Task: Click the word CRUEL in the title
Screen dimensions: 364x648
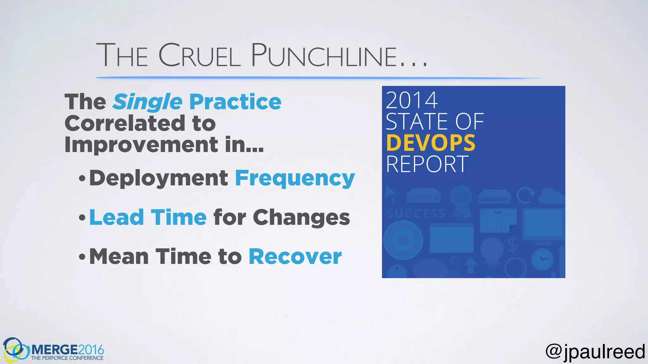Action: coord(199,56)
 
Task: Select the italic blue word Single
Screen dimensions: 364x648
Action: coord(148,102)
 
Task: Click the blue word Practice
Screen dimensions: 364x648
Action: coord(235,102)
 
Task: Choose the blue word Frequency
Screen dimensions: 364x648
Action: coord(295,179)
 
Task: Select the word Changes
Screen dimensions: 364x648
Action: coord(301,218)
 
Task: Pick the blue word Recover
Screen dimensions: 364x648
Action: coord(295,257)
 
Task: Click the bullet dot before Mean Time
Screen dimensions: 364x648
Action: coord(82,257)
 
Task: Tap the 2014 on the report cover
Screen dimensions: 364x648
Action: coord(412,100)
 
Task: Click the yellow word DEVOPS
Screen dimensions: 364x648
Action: coord(431,143)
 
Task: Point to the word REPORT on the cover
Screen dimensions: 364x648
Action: coord(427,164)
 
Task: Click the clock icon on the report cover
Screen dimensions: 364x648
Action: coord(542,259)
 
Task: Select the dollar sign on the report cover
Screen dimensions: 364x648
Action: coord(513,244)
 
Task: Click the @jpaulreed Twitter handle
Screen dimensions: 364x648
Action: coord(595,351)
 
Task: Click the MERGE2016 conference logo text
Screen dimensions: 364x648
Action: coord(67,350)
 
